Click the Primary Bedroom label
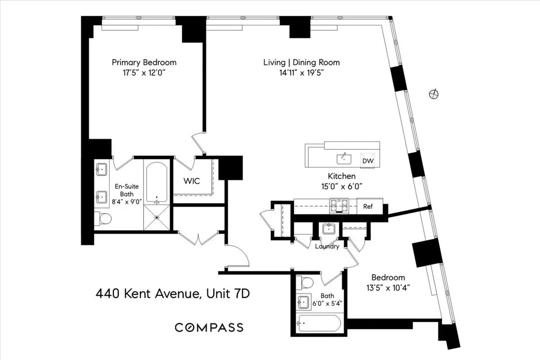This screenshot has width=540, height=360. pyautogui.click(x=144, y=63)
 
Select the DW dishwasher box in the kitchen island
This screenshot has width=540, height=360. pyautogui.click(x=368, y=160)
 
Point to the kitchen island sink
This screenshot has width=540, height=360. pyautogui.click(x=344, y=158)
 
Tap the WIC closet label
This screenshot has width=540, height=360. pyautogui.click(x=191, y=181)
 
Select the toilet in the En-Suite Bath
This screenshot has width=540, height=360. pyautogui.click(x=104, y=219)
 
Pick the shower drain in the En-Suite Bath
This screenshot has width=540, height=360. pyautogui.click(x=157, y=217)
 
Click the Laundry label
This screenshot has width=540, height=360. pyautogui.click(x=327, y=246)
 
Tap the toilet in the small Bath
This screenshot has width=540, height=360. pyautogui.click(x=306, y=283)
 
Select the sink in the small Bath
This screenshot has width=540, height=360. pyautogui.click(x=304, y=302)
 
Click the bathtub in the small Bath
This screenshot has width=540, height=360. pyautogui.click(x=319, y=323)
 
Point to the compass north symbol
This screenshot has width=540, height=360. pyautogui.click(x=434, y=94)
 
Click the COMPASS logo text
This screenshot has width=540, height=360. pyautogui.click(x=209, y=327)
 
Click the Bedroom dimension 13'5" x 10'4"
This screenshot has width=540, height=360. pyautogui.click(x=387, y=288)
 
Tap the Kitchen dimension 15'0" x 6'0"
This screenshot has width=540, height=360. pyautogui.click(x=342, y=185)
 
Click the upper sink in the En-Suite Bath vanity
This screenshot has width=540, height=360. pyautogui.click(x=101, y=170)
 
